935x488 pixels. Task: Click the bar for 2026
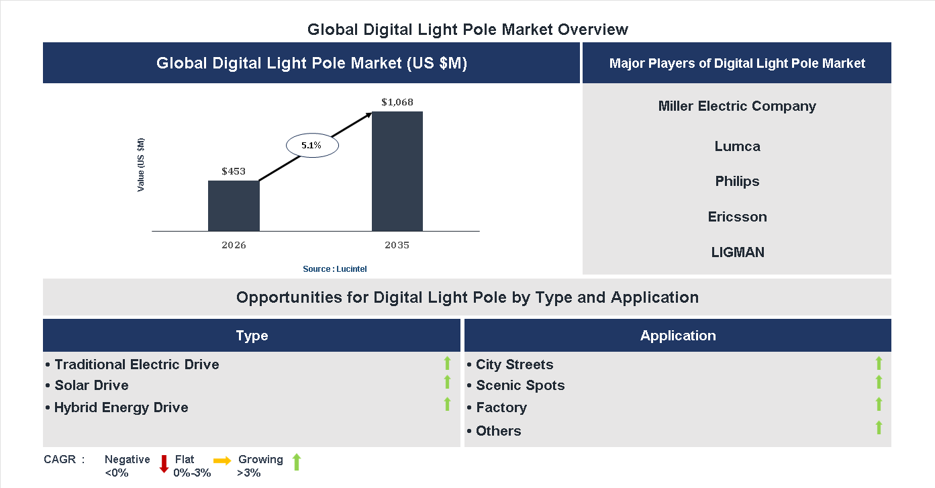tap(234, 205)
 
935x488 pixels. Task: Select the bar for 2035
tap(397, 171)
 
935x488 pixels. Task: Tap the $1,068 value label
tap(397, 103)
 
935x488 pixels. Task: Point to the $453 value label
tap(234, 171)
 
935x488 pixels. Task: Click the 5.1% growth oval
tap(312, 145)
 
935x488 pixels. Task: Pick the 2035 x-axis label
tap(397, 245)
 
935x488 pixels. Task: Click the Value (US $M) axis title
tap(141, 164)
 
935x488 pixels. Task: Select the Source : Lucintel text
tap(334, 269)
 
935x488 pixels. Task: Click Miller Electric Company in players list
tap(737, 106)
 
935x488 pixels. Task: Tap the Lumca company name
tap(737, 146)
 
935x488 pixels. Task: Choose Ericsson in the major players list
tap(737, 217)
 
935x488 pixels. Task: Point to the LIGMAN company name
tap(737, 252)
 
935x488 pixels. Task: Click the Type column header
tap(252, 336)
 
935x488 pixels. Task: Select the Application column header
tap(677, 336)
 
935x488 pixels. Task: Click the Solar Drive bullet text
tap(91, 385)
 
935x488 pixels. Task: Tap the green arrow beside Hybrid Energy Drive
tap(447, 404)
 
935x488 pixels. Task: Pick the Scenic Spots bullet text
tap(520, 385)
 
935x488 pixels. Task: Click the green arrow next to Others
tap(879, 428)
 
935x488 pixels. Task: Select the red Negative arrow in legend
tap(163, 463)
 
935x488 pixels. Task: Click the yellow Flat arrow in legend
tap(222, 460)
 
